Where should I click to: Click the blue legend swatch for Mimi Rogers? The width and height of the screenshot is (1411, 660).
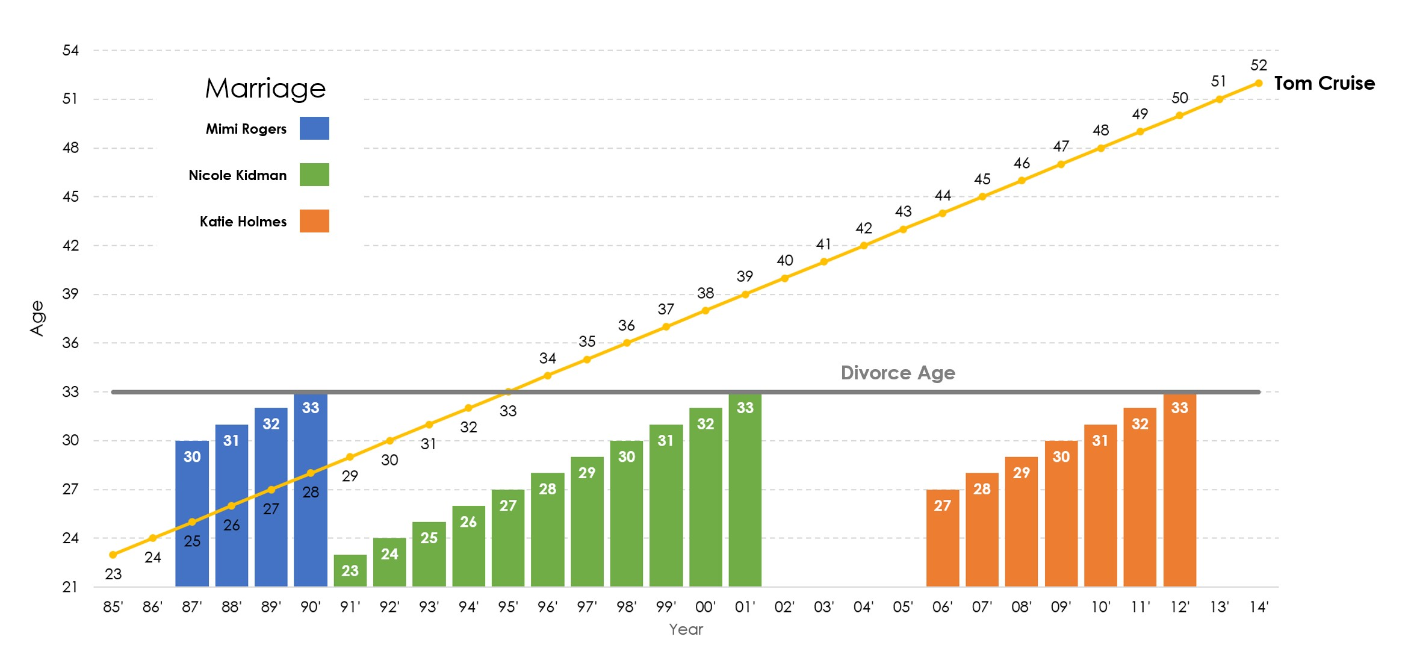tap(314, 128)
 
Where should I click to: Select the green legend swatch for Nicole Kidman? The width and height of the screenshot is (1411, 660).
tap(314, 175)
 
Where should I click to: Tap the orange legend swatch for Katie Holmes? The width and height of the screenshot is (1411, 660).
tap(314, 221)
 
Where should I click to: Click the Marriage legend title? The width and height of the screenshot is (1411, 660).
tap(265, 89)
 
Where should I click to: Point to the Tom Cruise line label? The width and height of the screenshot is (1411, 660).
tap(1324, 83)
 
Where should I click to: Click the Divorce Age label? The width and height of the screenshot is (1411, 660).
tap(898, 373)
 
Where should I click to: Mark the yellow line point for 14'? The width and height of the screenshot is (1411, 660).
tap(1259, 83)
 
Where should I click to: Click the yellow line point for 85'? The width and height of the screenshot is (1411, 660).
tap(113, 555)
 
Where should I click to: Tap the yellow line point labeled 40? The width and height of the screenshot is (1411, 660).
tap(784, 278)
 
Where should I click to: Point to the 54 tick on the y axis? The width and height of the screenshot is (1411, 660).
tap(70, 50)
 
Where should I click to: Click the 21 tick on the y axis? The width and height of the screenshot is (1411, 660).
tap(70, 587)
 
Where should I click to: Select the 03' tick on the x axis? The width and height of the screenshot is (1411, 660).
tap(824, 607)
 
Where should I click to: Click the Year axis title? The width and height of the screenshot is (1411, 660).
tap(686, 629)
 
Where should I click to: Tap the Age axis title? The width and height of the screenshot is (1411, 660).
tap(37, 318)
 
